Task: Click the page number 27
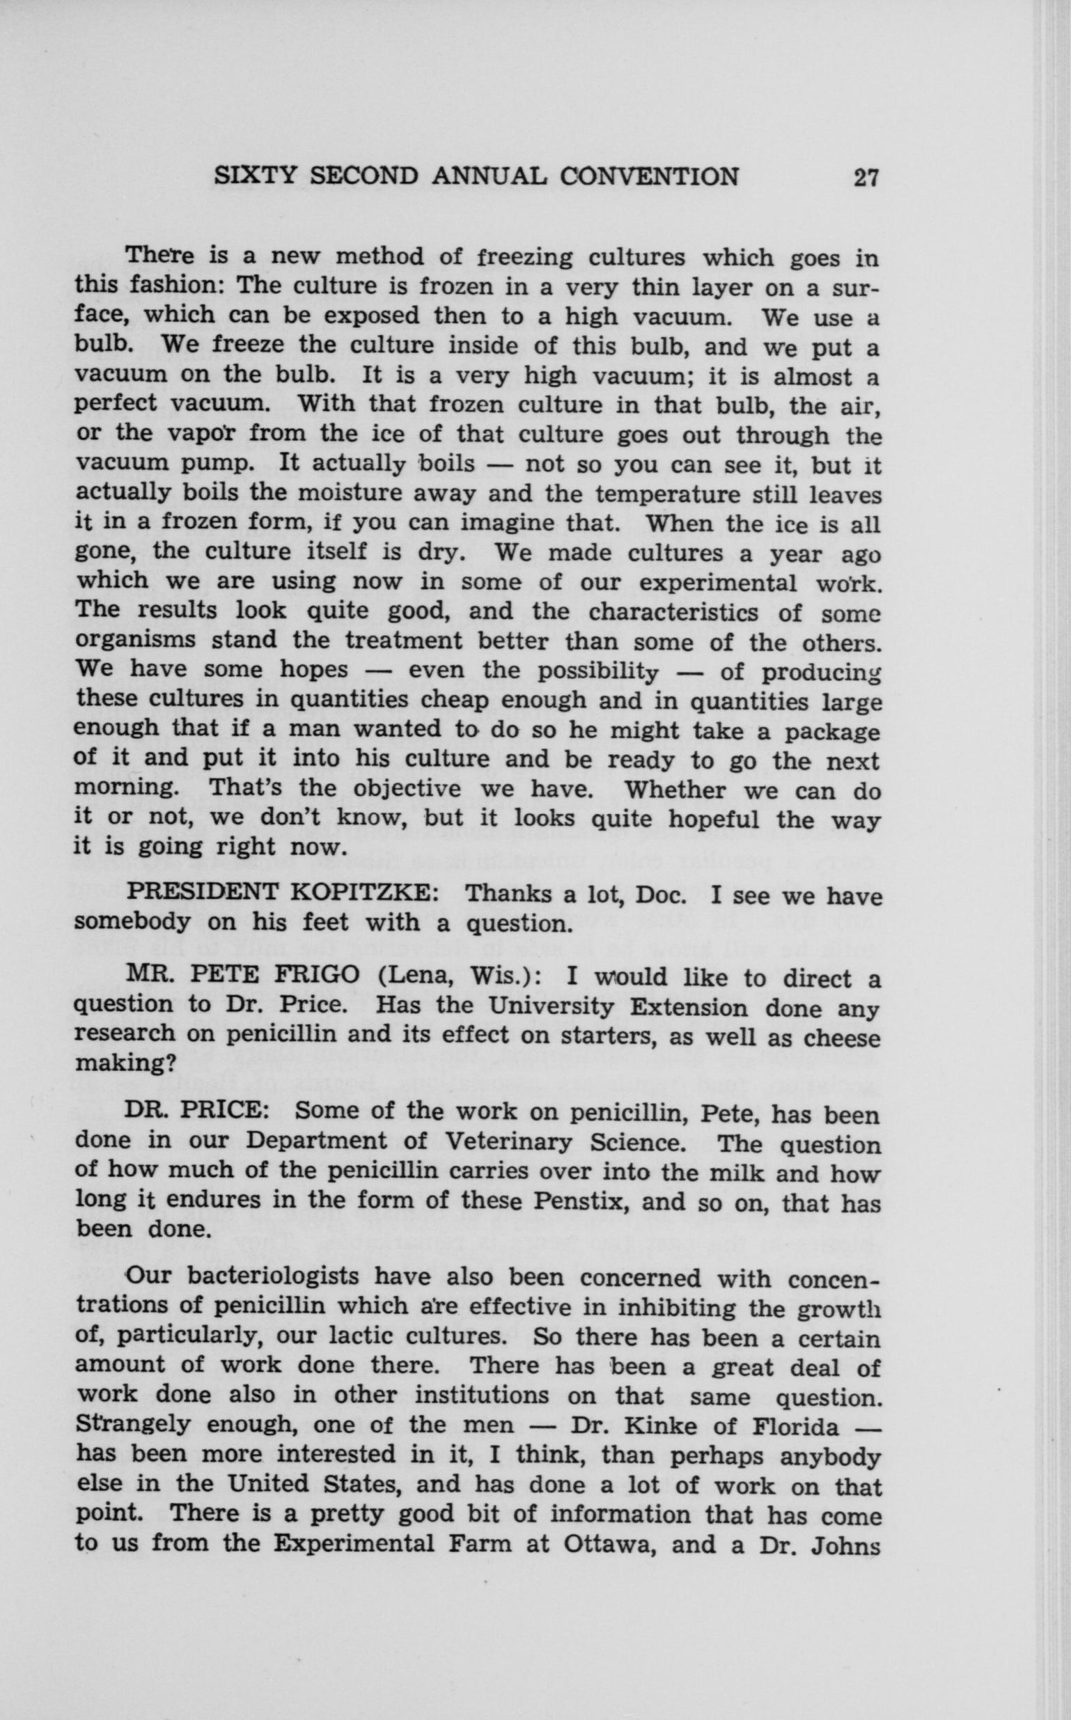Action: point(866,176)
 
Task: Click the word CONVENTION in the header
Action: point(649,175)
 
